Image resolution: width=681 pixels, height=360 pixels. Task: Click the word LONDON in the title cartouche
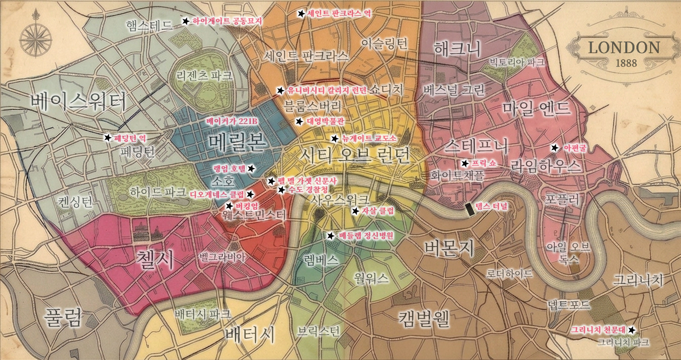(624, 48)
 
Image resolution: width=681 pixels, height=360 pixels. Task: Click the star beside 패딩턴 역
(107, 137)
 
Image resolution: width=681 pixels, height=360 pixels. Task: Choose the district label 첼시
(155, 259)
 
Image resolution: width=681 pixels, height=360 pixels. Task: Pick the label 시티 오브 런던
(354, 155)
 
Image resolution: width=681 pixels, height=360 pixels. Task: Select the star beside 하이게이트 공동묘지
(185, 21)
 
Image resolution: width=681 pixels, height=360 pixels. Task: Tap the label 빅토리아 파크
(516, 62)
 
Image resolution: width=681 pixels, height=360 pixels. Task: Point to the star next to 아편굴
(554, 148)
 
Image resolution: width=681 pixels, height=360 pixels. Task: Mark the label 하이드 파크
(151, 192)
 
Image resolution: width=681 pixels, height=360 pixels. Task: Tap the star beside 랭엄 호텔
(251, 168)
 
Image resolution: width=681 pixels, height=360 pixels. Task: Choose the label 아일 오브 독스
(568, 252)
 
